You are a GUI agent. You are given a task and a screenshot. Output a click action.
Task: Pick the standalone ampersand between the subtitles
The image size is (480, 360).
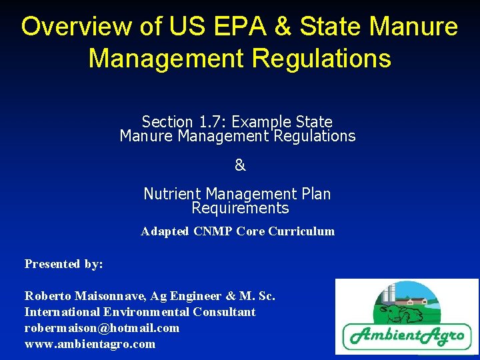point(240,165)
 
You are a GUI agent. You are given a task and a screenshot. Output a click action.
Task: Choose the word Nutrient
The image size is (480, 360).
point(173,194)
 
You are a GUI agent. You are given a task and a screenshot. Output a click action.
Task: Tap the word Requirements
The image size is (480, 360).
point(240,208)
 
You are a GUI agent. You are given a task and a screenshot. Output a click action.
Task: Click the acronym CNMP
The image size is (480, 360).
point(210,231)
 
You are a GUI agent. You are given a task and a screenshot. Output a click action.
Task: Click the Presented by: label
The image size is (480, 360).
point(64,264)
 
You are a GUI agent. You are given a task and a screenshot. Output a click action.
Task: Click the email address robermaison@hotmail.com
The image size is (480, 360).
point(102,328)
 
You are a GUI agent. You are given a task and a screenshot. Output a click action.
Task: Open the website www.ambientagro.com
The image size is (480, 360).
point(90,344)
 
